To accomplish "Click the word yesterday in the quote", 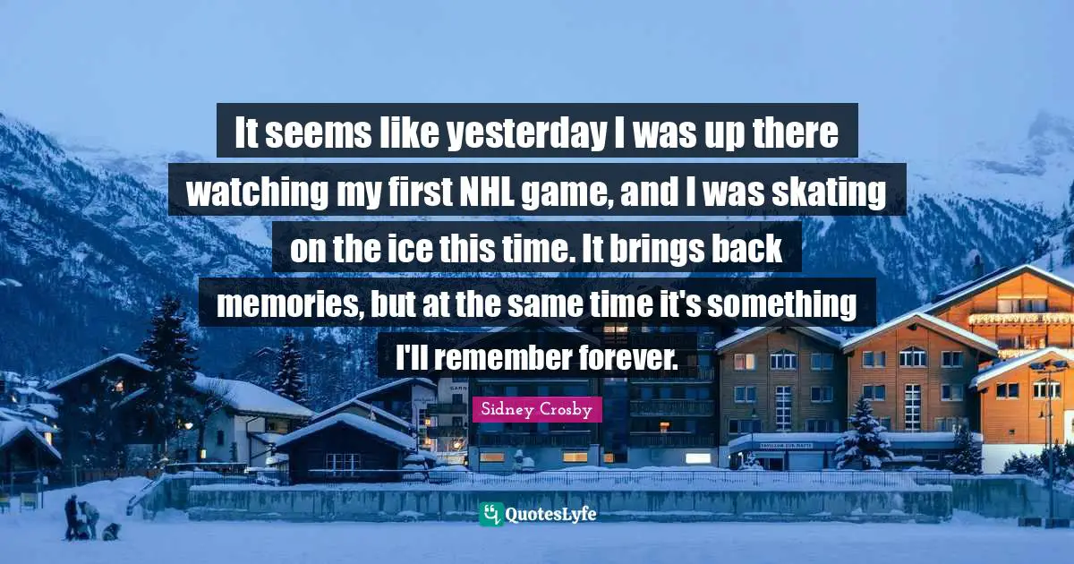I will click(524, 135).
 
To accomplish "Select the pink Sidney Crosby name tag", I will click(537, 410).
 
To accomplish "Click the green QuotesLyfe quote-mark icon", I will click(490, 514).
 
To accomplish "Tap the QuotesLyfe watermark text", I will click(551, 514).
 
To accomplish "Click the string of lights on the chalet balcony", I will click(1020, 319).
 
